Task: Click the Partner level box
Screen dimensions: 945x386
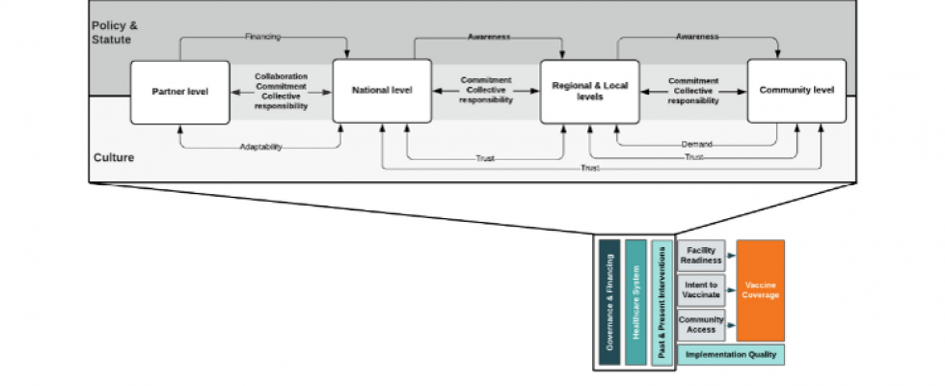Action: tap(180, 93)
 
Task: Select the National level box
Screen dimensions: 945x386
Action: tap(382, 91)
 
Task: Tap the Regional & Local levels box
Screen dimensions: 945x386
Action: tap(590, 92)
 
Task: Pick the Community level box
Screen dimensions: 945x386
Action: tap(796, 91)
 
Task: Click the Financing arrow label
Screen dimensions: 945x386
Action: tap(262, 37)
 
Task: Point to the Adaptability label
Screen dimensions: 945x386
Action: tap(261, 147)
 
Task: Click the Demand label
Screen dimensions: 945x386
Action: tap(696, 145)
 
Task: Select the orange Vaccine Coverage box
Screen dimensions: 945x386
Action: tap(761, 290)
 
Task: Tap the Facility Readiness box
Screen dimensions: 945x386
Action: tap(702, 256)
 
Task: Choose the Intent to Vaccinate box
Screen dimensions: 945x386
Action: tap(702, 290)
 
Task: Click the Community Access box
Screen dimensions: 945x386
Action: tap(702, 325)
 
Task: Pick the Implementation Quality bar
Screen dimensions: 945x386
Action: tap(731, 355)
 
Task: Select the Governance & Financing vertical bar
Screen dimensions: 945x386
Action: tap(609, 302)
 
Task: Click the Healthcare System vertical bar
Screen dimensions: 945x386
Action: tap(635, 302)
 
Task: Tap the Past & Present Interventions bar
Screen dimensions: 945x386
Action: tap(661, 302)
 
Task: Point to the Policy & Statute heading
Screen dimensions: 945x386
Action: tap(115, 33)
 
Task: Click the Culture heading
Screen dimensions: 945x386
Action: tap(114, 158)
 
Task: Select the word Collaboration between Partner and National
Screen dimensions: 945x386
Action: tap(281, 76)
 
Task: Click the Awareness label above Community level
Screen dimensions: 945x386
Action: tap(696, 37)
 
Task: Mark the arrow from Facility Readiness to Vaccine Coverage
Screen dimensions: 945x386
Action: tap(731, 256)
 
